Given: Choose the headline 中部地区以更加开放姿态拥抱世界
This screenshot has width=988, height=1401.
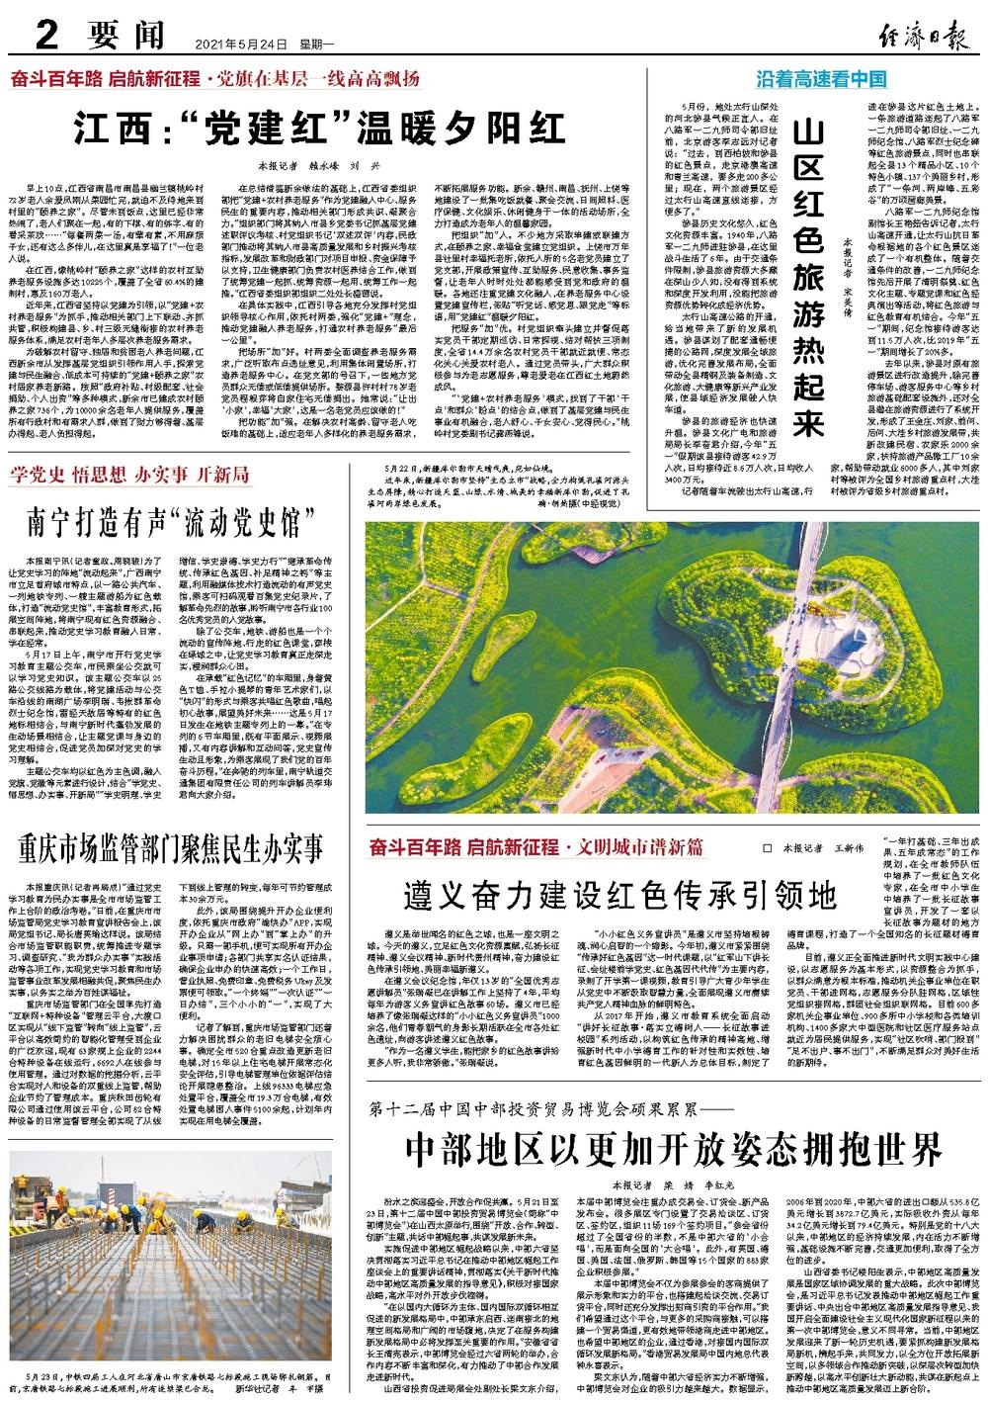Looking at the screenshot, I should [674, 1148].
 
